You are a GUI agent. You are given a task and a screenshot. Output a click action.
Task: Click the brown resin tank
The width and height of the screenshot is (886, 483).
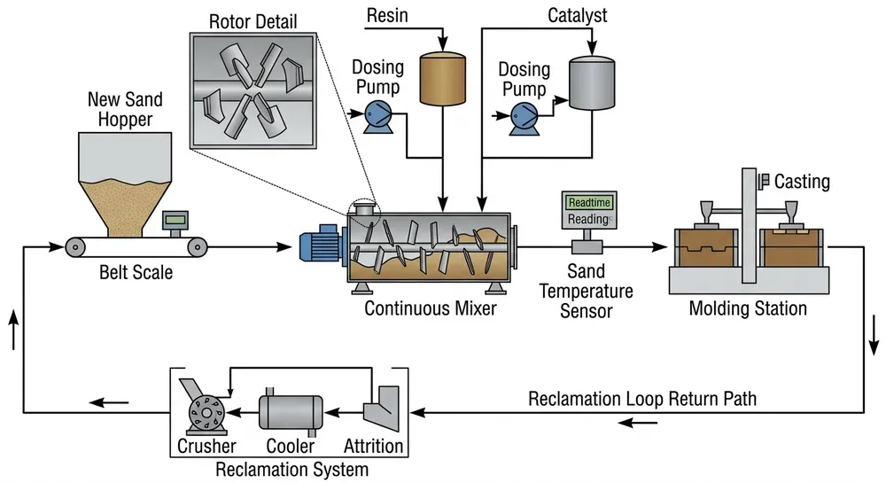click(441, 78)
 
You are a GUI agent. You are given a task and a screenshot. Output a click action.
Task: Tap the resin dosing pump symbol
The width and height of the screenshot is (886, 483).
click(377, 112)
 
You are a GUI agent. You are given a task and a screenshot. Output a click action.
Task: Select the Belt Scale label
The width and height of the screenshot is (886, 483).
click(136, 272)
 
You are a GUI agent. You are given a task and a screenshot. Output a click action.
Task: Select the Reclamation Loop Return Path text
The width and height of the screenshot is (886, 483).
click(642, 398)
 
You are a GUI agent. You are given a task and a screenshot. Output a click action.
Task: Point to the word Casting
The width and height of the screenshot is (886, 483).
click(802, 182)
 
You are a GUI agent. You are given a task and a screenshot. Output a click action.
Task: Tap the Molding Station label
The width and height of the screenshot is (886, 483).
click(748, 308)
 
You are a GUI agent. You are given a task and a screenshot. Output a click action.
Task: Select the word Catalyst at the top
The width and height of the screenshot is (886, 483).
click(577, 16)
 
